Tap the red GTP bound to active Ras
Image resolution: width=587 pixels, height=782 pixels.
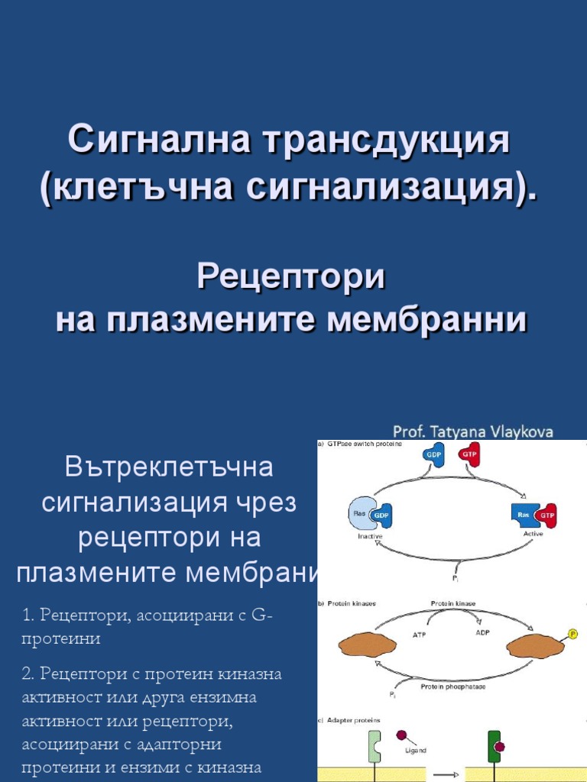click(x=546, y=515)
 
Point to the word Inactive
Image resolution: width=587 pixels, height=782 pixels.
click(x=370, y=535)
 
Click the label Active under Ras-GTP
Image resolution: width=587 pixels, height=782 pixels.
click(x=533, y=535)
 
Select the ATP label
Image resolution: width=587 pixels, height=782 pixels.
click(x=420, y=634)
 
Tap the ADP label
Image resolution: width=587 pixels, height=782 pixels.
click(x=482, y=632)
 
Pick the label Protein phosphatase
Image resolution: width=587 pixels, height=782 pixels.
click(x=452, y=686)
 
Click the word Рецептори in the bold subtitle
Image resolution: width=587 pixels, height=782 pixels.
click(x=291, y=276)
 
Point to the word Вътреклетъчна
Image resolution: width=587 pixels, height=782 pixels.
click(x=169, y=466)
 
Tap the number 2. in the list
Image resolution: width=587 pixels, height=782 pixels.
click(x=28, y=674)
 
